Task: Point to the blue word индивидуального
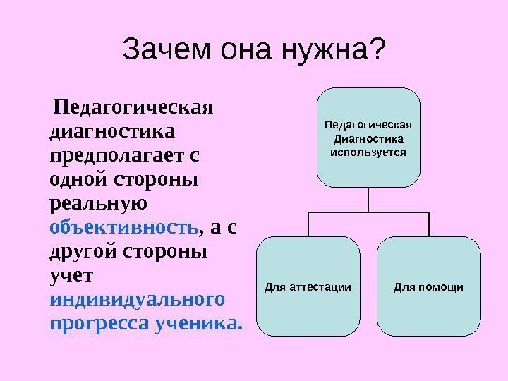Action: coord(138,299)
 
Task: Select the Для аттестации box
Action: coord(308,286)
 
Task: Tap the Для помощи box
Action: coord(428,286)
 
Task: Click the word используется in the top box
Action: coord(368,151)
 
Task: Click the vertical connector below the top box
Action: coord(368,200)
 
